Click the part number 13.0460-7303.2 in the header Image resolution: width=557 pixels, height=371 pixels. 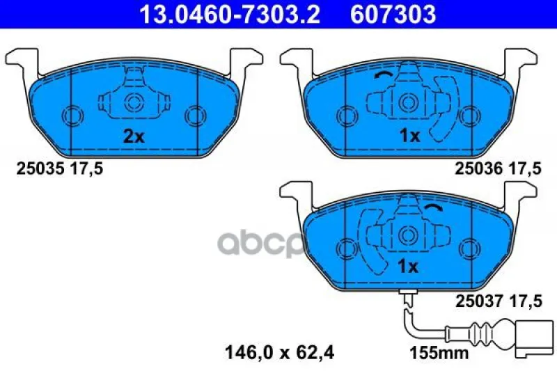coord(230,14)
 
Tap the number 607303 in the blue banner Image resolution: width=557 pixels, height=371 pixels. coord(393,14)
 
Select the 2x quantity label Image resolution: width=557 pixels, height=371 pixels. coord(134,136)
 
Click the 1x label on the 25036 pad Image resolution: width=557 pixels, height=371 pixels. coord(409,136)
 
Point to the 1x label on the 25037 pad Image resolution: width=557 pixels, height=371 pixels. coord(408,267)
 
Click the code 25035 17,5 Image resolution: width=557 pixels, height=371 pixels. coord(60,168)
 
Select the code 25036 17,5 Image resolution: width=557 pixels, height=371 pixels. coord(498,168)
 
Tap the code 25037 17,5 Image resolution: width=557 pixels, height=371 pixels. coord(499,301)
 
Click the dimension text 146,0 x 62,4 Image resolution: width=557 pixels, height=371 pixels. coord(279,353)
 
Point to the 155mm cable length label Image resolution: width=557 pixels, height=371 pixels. coord(439,353)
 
